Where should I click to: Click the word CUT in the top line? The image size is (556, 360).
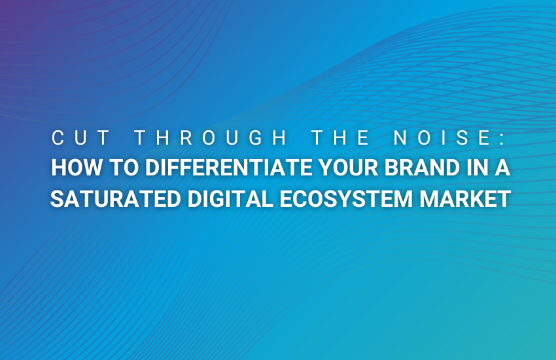pyautogui.click(x=81, y=137)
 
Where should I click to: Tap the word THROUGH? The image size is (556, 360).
pyautogui.click(x=211, y=137)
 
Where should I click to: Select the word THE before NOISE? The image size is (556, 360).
pyautogui.click(x=341, y=137)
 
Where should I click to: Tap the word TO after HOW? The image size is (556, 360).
pyautogui.click(x=124, y=168)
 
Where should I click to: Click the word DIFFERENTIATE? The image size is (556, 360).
pyautogui.click(x=229, y=168)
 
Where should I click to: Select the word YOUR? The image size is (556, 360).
pyautogui.click(x=349, y=168)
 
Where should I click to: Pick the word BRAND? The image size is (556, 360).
pyautogui.click(x=423, y=168)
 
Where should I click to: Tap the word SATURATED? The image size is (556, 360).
pyautogui.click(x=116, y=198)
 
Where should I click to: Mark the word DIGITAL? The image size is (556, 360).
pyautogui.click(x=230, y=198)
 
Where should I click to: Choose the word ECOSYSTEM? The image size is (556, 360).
pyautogui.click(x=347, y=198)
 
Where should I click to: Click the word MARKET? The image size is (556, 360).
pyautogui.click(x=465, y=198)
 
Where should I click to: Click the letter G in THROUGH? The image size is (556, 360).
pyautogui.click(x=256, y=137)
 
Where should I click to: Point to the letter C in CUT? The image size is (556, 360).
pyautogui.click(x=58, y=137)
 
